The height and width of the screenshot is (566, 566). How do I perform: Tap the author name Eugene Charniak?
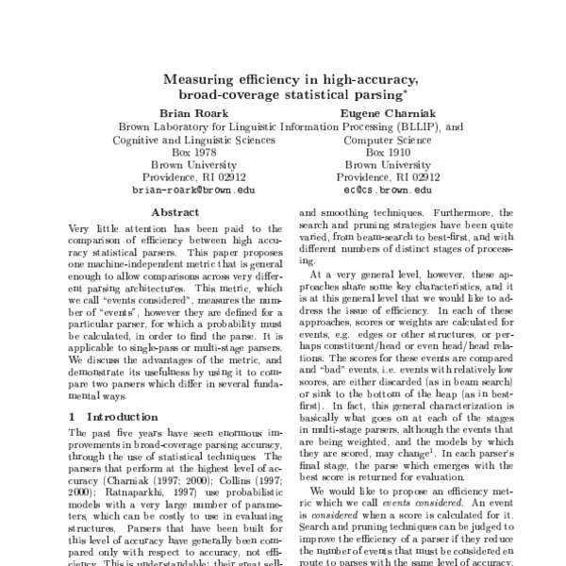click(375, 111)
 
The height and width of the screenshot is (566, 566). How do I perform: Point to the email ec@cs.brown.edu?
click(375, 190)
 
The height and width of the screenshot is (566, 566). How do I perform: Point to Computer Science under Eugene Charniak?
click(375, 138)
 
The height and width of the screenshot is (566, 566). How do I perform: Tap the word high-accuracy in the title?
click(359, 80)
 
